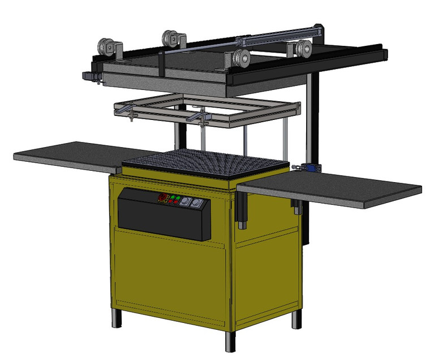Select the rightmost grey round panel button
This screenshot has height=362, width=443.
click(196, 204)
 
